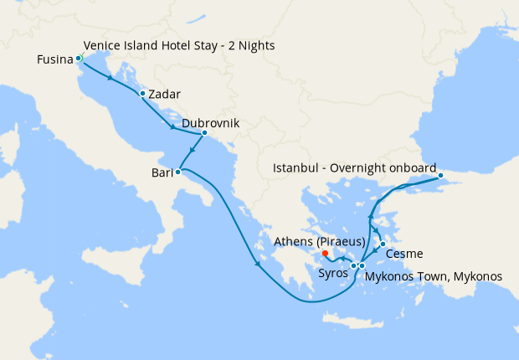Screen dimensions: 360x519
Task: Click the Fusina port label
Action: pos(55,59)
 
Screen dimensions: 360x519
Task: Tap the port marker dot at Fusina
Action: pos(79,58)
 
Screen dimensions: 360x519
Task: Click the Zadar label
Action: pos(166,95)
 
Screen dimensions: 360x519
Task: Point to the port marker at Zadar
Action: pos(143,93)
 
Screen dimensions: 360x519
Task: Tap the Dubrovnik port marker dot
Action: pos(204,132)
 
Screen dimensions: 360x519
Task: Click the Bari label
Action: pos(162,173)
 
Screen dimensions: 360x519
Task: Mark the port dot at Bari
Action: pos(178,172)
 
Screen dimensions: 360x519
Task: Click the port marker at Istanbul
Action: pos(439,176)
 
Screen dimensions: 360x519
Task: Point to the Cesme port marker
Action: pos(383,244)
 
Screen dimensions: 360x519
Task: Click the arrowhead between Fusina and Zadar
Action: pos(110,77)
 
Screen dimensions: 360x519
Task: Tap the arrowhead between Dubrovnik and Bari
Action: pos(192,152)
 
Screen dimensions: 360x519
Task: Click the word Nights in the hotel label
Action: pos(256,44)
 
